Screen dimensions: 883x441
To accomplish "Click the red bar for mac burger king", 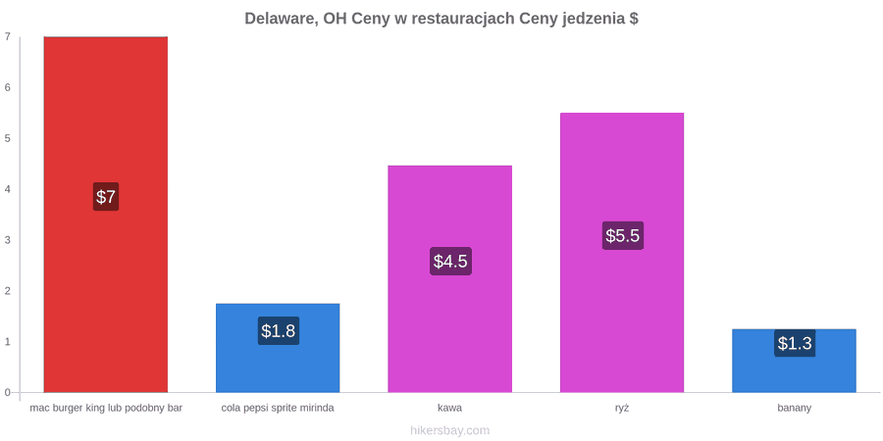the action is click(x=106, y=215).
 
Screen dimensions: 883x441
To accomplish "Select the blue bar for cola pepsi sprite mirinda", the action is click(x=278, y=348).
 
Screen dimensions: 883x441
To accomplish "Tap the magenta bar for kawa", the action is click(x=450, y=278).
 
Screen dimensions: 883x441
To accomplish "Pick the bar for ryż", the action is click(x=622, y=253).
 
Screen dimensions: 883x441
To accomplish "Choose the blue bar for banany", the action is click(x=794, y=361).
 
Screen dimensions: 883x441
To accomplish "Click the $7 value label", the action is click(x=106, y=197).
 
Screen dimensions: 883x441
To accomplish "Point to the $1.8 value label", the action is click(x=279, y=331).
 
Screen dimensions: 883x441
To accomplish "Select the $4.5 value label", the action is click(x=450, y=261).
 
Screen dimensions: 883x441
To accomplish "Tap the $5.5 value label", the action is click(x=623, y=235).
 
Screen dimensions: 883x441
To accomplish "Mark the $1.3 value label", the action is click(x=795, y=343).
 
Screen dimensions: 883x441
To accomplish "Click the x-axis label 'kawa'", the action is click(x=450, y=409).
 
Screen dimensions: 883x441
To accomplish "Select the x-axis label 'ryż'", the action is click(x=622, y=409).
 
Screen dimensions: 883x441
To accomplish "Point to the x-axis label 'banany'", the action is click(x=795, y=409).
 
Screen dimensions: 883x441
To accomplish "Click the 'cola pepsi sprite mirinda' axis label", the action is click(x=278, y=409).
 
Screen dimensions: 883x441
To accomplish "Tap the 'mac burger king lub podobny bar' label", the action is click(x=106, y=409).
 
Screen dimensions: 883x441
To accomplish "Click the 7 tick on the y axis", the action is click(x=8, y=36).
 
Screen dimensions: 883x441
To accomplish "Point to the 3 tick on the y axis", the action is click(x=8, y=240).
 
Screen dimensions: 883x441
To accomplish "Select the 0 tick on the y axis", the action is click(x=8, y=393).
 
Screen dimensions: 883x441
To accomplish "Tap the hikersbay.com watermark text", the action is click(x=450, y=431).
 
